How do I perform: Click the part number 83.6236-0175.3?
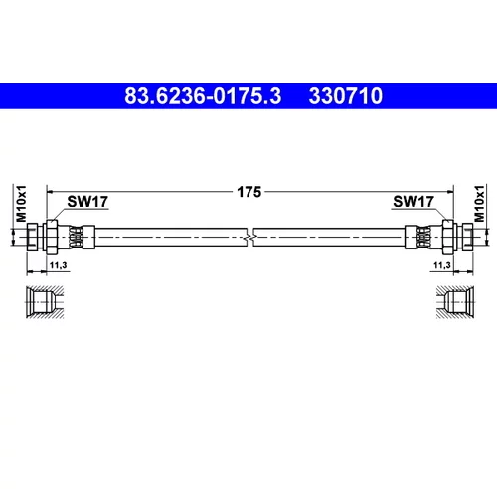coord(203,96)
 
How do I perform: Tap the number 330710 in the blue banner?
coord(346,96)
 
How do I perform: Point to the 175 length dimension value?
coord(249,192)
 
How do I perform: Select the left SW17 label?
coord(87,201)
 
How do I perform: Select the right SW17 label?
coord(414,201)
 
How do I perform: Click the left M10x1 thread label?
coord(21,204)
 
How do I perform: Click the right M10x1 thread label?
coord(479,204)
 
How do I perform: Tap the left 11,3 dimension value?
coord(58,265)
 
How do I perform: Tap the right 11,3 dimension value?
coord(442,265)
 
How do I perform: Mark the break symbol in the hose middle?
coord(250,237)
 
